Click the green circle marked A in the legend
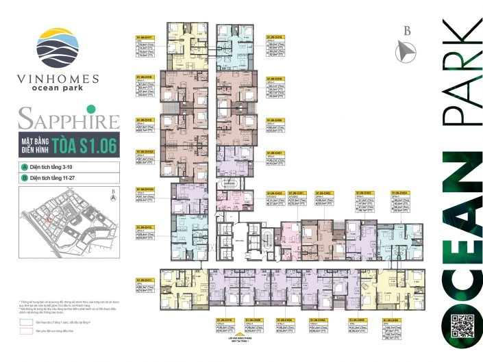pos(24,168)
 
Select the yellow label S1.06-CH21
pos(274,153)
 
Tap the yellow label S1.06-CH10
pos(225,320)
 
